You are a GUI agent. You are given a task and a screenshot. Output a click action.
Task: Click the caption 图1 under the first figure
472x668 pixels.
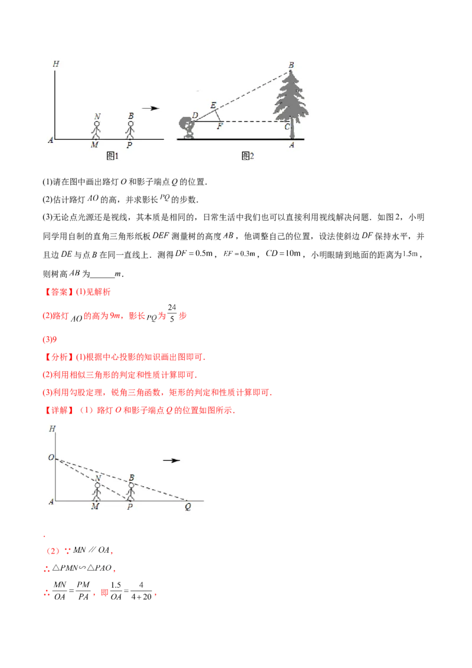click(x=112, y=155)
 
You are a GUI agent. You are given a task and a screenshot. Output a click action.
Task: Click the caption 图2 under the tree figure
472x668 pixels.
click(x=248, y=155)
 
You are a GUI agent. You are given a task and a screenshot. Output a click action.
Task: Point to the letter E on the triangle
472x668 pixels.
click(x=214, y=105)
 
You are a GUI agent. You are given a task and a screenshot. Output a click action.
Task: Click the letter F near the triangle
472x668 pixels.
click(x=219, y=126)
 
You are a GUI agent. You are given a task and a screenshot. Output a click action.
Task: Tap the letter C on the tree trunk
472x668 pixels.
click(x=287, y=126)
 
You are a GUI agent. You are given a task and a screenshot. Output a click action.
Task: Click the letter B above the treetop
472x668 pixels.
click(x=291, y=65)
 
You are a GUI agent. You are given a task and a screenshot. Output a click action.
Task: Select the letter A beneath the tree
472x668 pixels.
click(x=291, y=145)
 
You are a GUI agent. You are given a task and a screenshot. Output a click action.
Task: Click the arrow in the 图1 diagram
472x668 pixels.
click(x=151, y=108)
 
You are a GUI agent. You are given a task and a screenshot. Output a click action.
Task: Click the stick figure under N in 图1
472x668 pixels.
click(x=96, y=129)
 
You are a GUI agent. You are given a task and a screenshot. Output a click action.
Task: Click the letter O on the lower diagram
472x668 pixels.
click(x=51, y=457)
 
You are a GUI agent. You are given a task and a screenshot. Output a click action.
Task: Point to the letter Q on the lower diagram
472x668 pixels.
click(x=188, y=507)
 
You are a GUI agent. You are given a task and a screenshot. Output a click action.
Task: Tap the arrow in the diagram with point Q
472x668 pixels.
click(x=171, y=460)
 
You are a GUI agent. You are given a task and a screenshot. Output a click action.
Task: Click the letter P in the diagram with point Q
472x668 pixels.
click(x=129, y=507)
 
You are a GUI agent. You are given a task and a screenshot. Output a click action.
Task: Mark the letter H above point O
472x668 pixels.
click(x=53, y=429)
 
